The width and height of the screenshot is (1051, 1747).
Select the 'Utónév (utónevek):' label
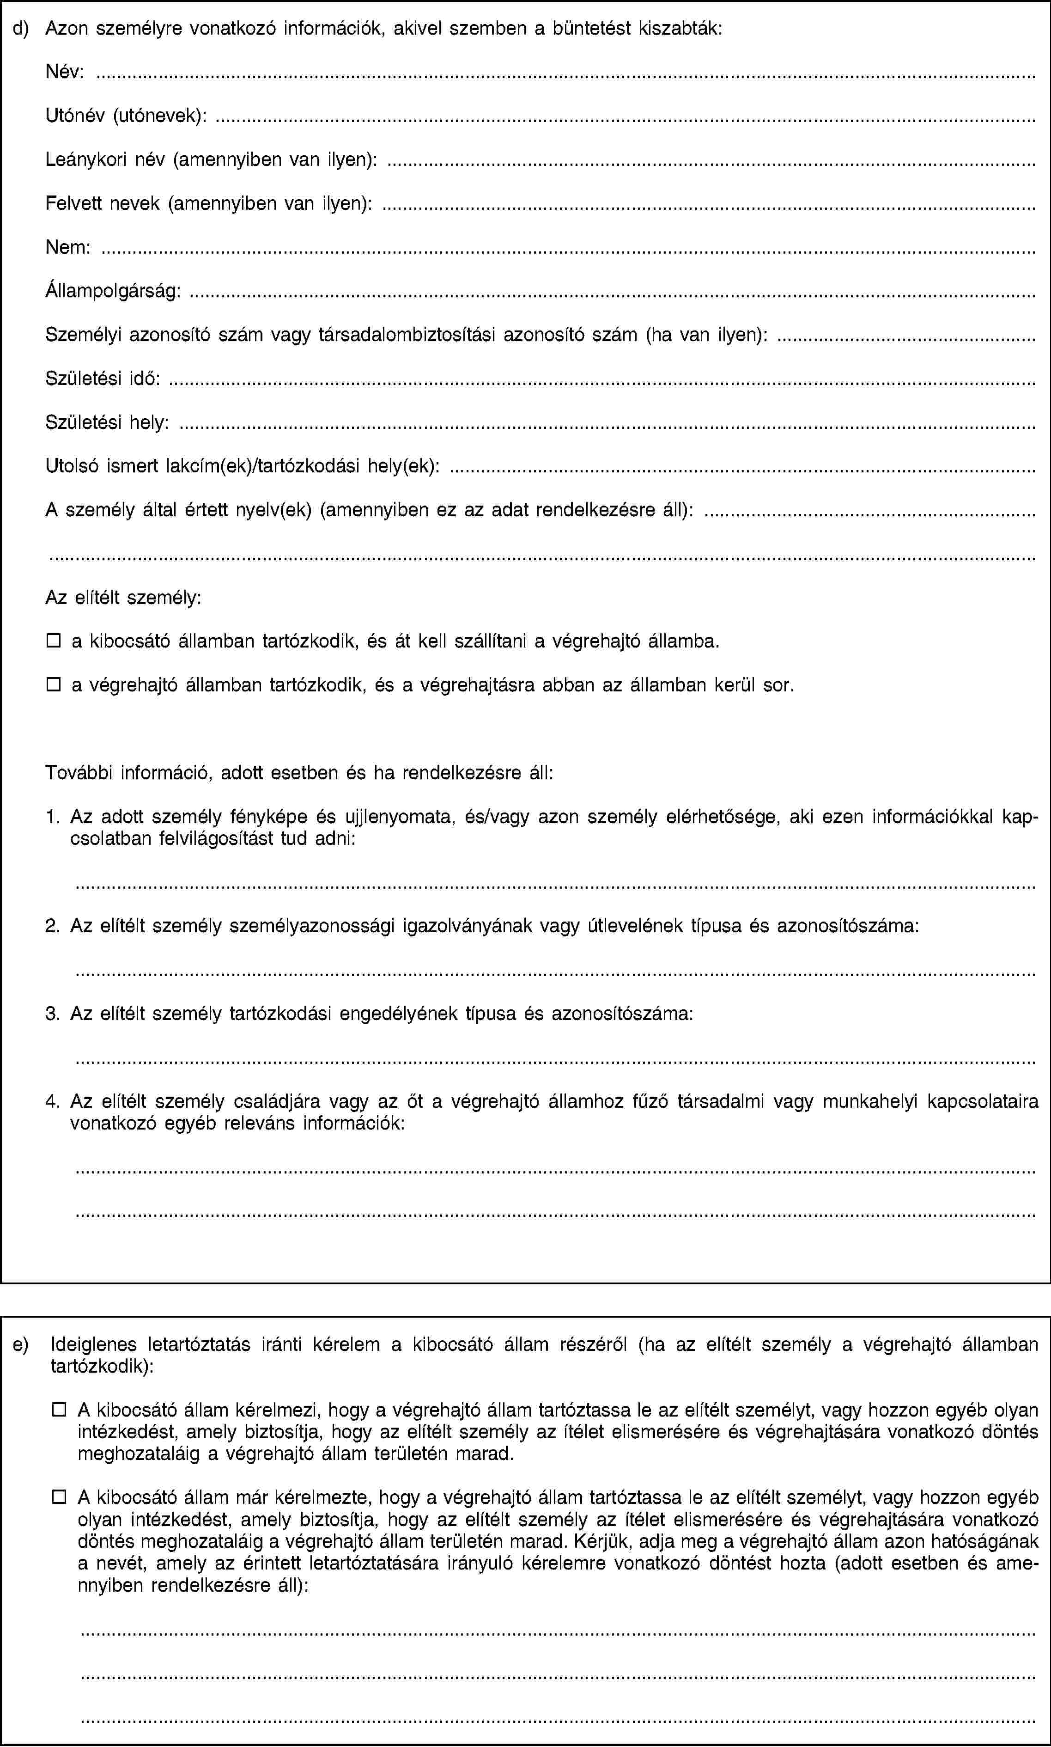click(126, 116)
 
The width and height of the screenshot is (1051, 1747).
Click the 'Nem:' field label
click(68, 247)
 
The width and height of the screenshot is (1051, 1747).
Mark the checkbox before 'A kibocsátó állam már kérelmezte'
click(58, 1497)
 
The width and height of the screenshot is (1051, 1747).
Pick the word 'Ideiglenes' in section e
click(93, 1344)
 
